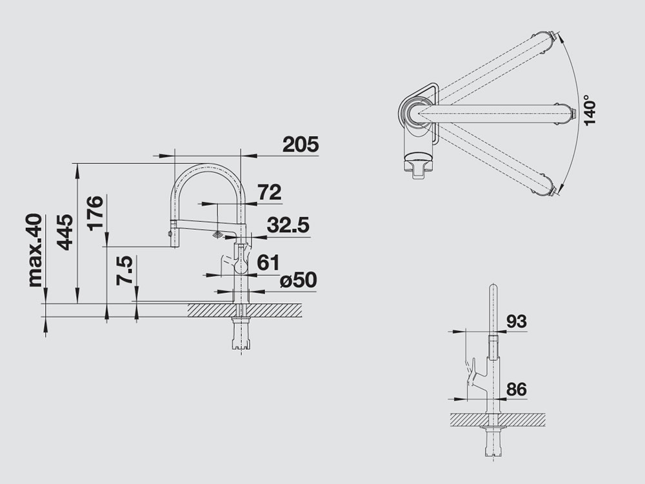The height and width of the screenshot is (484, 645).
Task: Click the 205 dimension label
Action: pos(301,145)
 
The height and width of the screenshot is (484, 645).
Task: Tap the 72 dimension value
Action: pos(270,192)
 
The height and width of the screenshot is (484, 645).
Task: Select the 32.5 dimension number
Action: pos(288,225)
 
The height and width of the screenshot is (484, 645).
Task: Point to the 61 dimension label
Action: pos(268,263)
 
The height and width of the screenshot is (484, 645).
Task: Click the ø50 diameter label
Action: pos(298,280)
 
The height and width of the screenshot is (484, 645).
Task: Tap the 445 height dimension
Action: pos(65,232)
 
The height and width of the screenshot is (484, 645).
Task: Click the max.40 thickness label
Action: pos(35,250)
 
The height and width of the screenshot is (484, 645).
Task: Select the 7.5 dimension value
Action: pos(124,270)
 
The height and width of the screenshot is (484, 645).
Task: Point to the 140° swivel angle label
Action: pos(589,110)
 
